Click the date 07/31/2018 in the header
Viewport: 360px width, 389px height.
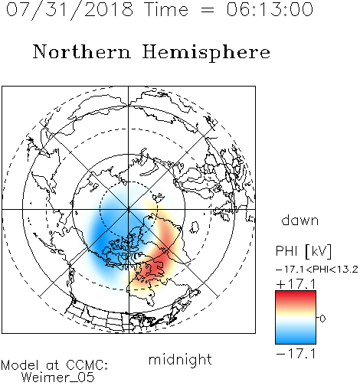click(x=70, y=10)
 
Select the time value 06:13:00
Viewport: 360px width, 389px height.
click(x=270, y=9)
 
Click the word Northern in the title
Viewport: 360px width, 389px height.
click(x=82, y=52)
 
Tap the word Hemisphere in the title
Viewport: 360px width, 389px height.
click(x=206, y=53)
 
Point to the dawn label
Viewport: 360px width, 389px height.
click(x=300, y=221)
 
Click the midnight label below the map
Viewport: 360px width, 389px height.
click(x=180, y=359)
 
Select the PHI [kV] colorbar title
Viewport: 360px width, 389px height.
click(x=303, y=251)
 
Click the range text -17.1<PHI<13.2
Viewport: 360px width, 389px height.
click(x=317, y=270)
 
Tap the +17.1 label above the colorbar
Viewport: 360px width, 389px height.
click(x=296, y=284)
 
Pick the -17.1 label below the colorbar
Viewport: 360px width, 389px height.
click(x=296, y=354)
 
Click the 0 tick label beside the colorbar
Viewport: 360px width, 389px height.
click(x=322, y=319)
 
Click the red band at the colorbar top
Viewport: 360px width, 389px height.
click(x=296, y=296)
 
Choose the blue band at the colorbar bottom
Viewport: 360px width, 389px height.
click(x=296, y=338)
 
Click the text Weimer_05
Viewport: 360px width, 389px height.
click(x=58, y=378)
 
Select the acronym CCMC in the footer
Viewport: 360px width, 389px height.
click(x=86, y=365)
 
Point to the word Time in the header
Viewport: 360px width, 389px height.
click(x=166, y=9)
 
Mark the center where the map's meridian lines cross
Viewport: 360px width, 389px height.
click(x=129, y=209)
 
